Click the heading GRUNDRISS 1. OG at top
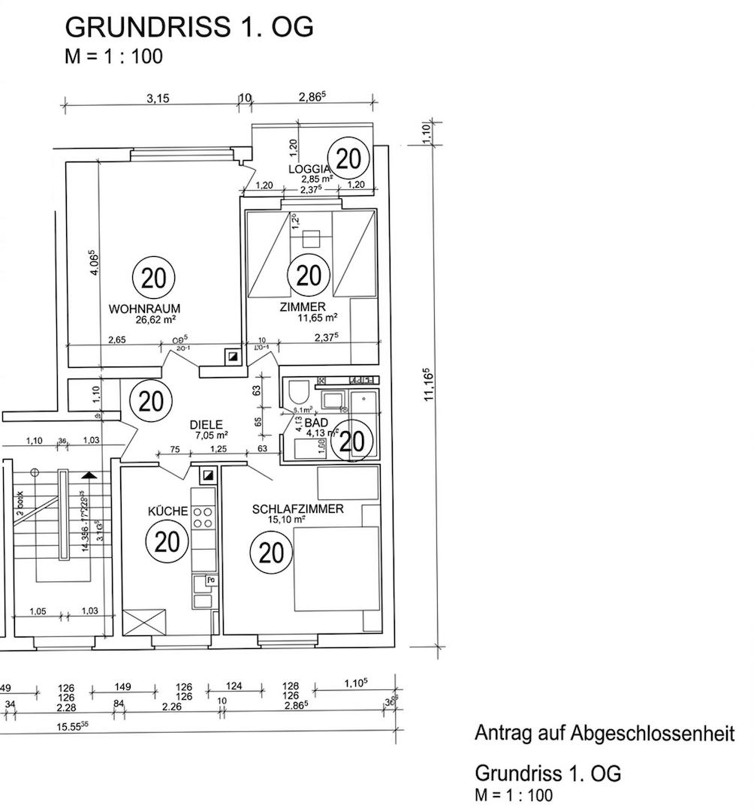pos(189,27)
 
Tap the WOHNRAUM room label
pos(144,308)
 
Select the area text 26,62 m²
pos(155,319)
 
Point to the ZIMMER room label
pos(302,306)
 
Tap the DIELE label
pos(206,424)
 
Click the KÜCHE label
pos(167,511)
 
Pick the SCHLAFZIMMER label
pos(298,508)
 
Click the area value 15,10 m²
pos(287,519)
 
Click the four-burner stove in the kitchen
pos(203,516)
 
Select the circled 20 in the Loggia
pos(349,158)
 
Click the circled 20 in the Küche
pos(166,540)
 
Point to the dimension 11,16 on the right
pos(429,384)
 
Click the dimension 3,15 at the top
pos(158,98)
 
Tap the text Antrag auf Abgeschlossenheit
pos(605,733)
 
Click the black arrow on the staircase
pos(89,475)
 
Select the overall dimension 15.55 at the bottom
pos(74,724)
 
